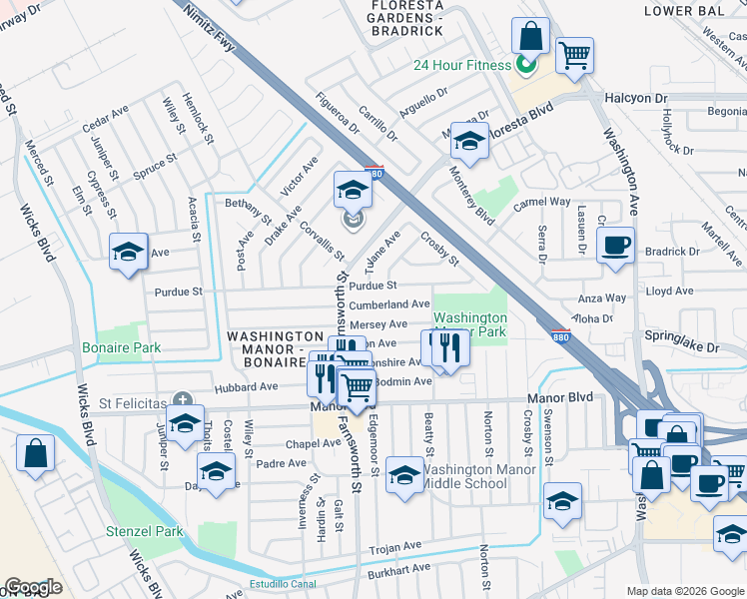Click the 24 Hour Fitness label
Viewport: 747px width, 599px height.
pos(463,66)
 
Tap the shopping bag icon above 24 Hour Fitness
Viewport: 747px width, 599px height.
pos(530,37)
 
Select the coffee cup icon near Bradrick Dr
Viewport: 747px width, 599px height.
pos(615,245)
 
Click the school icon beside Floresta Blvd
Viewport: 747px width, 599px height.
pos(467,143)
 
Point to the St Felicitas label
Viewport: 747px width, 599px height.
pos(132,402)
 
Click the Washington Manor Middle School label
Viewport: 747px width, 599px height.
pos(470,477)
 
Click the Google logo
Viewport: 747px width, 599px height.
pos(33,587)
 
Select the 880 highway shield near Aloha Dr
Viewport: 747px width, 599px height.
pos(560,335)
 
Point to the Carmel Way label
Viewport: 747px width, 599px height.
pos(541,202)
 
